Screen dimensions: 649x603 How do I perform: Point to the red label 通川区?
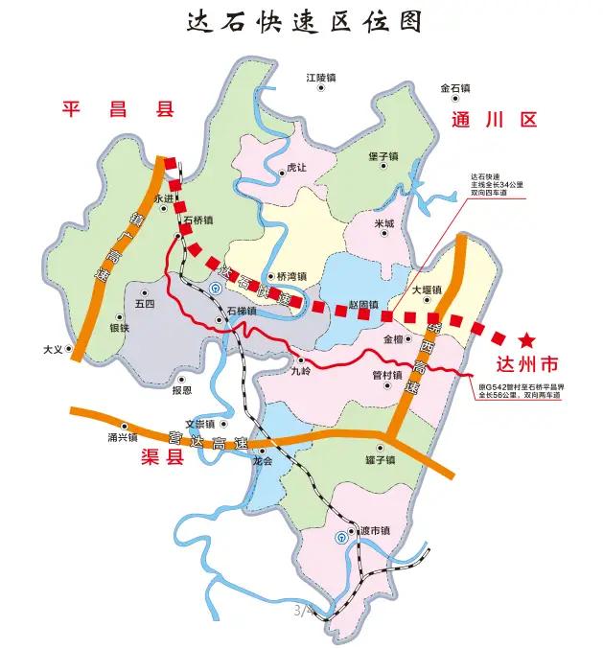click(x=494, y=120)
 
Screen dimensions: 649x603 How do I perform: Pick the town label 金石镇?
click(x=455, y=88)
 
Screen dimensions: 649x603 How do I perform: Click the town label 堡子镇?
click(x=383, y=155)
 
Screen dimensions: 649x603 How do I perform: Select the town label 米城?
click(x=384, y=223)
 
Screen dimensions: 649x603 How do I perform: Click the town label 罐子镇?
click(x=381, y=459)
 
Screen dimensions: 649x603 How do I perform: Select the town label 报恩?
click(x=181, y=390)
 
